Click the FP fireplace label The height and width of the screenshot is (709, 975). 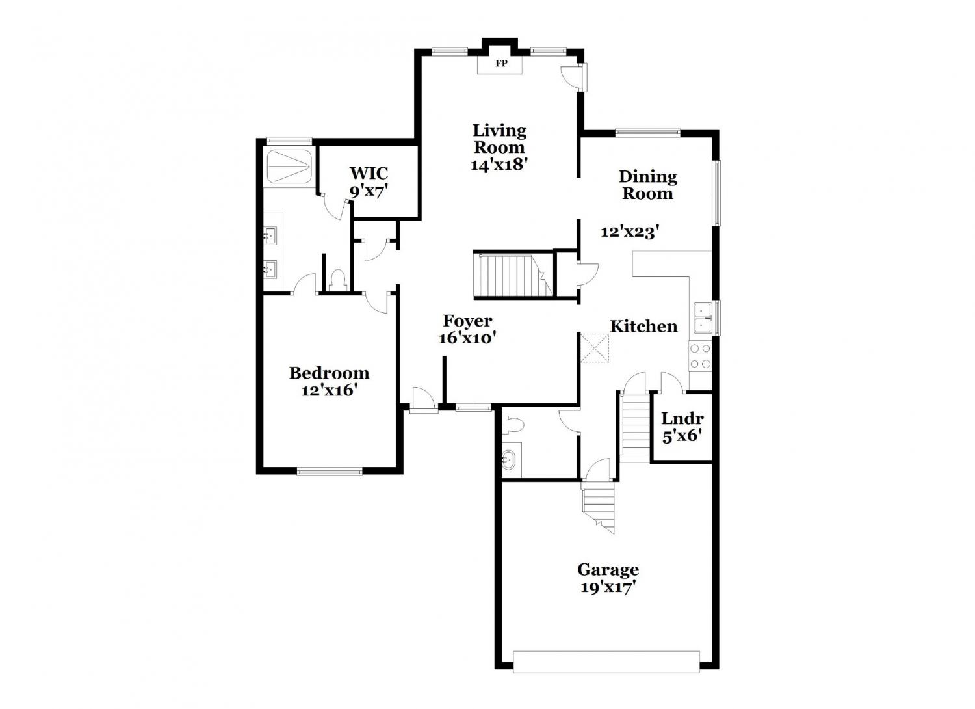coord(501,64)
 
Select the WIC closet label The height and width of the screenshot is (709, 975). coord(369,173)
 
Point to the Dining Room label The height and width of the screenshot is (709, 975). coord(647,185)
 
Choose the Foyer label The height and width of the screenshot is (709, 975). coord(467,321)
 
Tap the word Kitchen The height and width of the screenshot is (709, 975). coord(643,326)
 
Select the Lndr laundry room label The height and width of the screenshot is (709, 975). coord(682,418)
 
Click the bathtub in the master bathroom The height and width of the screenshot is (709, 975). coord(288,167)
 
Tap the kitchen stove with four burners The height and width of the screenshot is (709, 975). coord(700,356)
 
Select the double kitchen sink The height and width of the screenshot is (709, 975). coord(703,319)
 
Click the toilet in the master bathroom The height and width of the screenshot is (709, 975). coord(337,280)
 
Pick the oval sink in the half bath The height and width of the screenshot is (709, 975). coord(508,459)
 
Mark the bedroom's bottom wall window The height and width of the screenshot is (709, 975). coord(330,472)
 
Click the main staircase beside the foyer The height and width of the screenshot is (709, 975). coord(513,276)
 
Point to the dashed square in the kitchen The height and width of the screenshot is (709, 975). coord(595,348)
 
